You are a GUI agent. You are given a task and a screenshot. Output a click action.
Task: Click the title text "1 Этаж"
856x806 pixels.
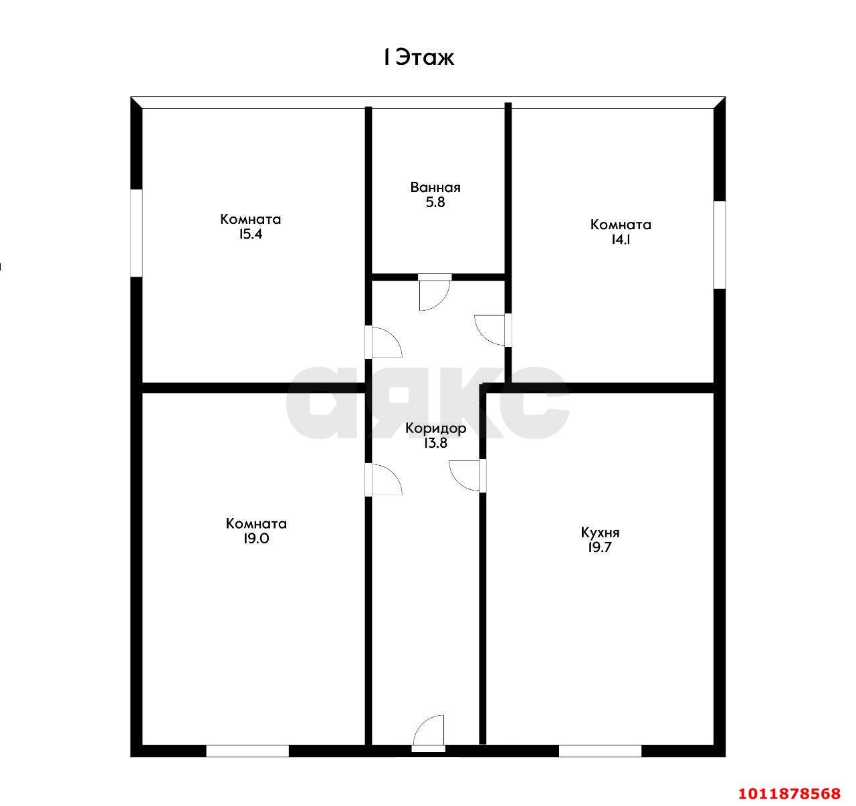coord(419,57)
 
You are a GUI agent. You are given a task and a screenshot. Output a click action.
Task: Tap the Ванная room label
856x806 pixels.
coord(435,187)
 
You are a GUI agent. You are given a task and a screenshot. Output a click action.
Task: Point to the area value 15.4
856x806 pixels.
coord(250,234)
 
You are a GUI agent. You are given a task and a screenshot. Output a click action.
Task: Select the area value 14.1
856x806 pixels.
coord(621,239)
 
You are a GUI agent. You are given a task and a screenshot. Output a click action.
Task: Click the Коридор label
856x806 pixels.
coord(436,428)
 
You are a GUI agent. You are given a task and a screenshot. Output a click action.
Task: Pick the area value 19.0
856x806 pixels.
coord(256,538)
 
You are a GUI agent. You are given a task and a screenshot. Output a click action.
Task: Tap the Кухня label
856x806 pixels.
coord(600,533)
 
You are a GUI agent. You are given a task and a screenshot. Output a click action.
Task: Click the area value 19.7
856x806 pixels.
coord(600,547)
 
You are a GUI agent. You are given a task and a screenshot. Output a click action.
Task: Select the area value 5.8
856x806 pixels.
coord(435,202)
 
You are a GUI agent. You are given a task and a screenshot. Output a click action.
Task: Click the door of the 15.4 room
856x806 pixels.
coord(384,342)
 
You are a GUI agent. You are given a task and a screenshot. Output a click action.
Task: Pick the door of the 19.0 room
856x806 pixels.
coord(384,479)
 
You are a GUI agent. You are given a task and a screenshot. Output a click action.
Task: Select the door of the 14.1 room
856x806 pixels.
coord(493,330)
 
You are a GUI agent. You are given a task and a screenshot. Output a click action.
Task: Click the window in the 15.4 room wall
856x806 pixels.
coord(136,233)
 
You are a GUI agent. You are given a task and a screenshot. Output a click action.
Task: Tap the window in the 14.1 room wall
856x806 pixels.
coord(720,245)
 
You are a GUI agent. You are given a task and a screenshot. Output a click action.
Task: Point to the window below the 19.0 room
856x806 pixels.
coord(247,751)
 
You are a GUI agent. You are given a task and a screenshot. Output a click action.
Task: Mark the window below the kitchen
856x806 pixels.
coord(600,751)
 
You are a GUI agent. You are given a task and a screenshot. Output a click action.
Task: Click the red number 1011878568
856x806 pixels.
coord(790,793)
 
